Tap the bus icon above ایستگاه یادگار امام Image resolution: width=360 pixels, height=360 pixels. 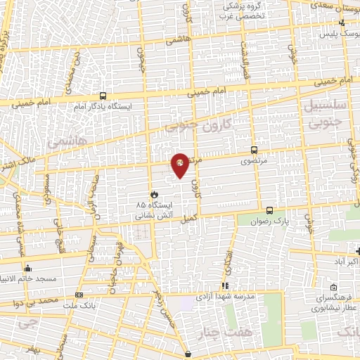pyautogui.click(x=103, y=96)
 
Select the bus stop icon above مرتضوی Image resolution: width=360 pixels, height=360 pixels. pyautogui.click(x=254, y=150)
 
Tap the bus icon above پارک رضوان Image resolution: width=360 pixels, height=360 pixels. pyautogui.click(x=269, y=210)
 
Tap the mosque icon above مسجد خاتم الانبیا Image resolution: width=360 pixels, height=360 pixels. pyautogui.click(x=27, y=268)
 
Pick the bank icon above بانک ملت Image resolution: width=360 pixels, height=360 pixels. pyautogui.click(x=79, y=295)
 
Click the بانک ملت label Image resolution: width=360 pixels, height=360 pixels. pyautogui.click(x=79, y=304)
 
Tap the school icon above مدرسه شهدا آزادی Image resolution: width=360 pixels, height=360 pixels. pyautogui.click(x=225, y=285)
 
